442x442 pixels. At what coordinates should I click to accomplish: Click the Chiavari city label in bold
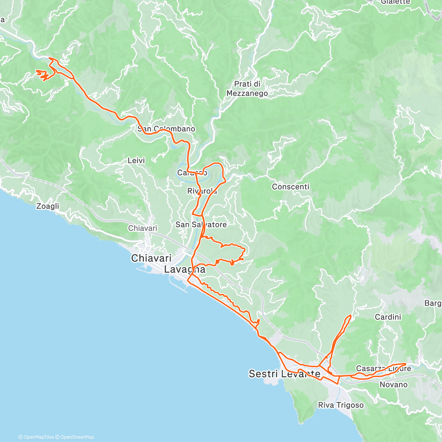[x=151, y=258]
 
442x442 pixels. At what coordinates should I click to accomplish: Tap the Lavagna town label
[x=185, y=270]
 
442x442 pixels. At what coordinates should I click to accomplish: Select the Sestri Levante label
[x=284, y=374]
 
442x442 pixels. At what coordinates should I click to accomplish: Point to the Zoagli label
[x=48, y=206]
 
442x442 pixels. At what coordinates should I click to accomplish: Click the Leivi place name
[x=136, y=161]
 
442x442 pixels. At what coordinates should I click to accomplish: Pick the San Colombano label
[x=166, y=129]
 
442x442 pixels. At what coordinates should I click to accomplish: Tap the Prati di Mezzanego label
[x=247, y=89]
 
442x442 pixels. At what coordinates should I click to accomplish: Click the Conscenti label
[x=290, y=187]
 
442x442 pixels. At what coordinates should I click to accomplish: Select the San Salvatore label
[x=201, y=225]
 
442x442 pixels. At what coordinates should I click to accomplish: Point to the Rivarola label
[x=202, y=191]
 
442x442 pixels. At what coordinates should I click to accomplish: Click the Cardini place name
[x=388, y=317]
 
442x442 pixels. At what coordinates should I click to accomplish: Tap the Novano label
[x=393, y=385]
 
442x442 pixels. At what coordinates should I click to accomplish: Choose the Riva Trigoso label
[x=341, y=405]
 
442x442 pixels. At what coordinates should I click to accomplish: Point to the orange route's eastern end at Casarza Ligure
[x=406, y=364]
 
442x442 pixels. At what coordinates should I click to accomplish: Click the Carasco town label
[x=192, y=173]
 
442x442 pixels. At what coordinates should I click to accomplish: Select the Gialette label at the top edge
[x=395, y=2]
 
